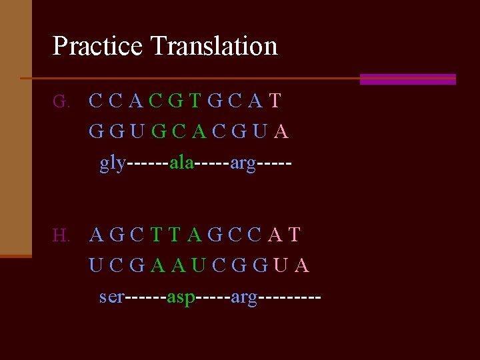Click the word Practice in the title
point(97,46)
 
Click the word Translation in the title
point(214,46)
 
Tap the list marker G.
point(61,102)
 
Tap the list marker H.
point(61,235)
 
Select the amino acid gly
point(112,163)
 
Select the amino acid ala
point(181,163)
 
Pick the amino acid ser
point(111,296)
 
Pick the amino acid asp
point(181,297)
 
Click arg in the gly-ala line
point(243,163)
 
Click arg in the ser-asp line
point(244,297)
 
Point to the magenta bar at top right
point(407,79)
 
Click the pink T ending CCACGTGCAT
point(275,101)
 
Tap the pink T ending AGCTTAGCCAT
point(295,235)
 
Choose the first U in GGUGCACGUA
point(137,132)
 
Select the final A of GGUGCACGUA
point(281,132)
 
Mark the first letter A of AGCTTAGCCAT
point(97,235)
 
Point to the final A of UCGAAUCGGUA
point(301,265)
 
